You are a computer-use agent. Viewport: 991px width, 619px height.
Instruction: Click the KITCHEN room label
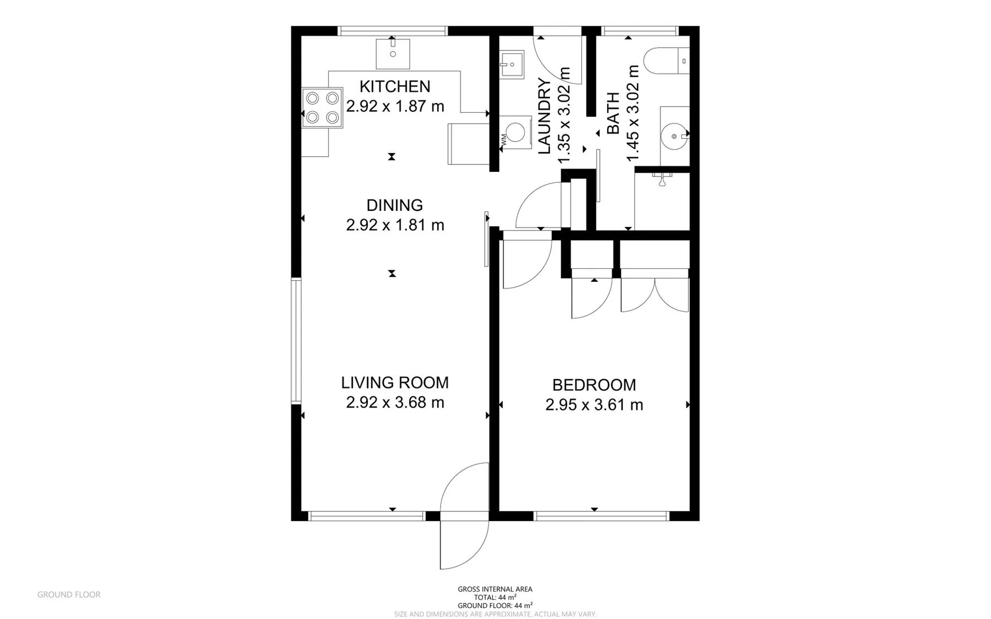click(x=395, y=87)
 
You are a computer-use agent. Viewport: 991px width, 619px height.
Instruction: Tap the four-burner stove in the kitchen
click(x=322, y=108)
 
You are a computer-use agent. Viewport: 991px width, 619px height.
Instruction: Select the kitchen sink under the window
click(x=393, y=53)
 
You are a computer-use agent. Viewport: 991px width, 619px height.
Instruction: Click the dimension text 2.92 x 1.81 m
click(x=395, y=225)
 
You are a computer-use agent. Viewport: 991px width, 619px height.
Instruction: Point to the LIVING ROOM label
click(x=395, y=382)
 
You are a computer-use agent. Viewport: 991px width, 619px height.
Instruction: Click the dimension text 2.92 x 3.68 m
click(x=395, y=402)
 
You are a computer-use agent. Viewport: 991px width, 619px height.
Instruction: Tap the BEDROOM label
click(x=594, y=385)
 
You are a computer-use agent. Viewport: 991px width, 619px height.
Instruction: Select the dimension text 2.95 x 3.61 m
click(x=594, y=405)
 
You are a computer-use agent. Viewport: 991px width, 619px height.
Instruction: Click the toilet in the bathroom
click(x=664, y=61)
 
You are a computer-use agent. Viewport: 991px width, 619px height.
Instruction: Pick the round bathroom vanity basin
click(x=674, y=136)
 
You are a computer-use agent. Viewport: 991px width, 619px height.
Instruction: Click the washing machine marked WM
click(x=515, y=132)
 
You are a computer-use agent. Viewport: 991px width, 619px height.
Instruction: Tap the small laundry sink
click(x=512, y=64)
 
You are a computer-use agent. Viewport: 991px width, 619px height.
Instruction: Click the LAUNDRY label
click(x=545, y=116)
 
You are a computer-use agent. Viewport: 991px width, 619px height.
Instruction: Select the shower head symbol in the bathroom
click(x=662, y=179)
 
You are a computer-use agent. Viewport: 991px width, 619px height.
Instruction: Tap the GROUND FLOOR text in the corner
click(x=69, y=594)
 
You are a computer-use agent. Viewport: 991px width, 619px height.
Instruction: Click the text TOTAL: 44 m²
click(x=495, y=597)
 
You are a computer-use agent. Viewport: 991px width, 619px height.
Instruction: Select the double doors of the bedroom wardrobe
click(x=655, y=295)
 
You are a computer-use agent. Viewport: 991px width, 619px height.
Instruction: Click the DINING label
click(x=395, y=205)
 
